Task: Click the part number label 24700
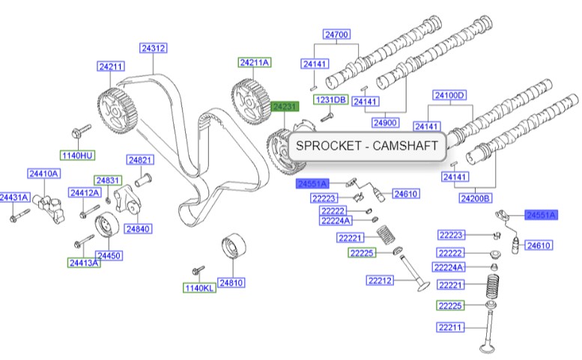pyautogui.click(x=336, y=34)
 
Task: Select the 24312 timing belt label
pyautogui.click(x=153, y=48)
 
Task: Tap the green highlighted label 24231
pyautogui.click(x=285, y=107)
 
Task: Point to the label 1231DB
pyautogui.click(x=330, y=100)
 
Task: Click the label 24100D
pyautogui.click(x=450, y=95)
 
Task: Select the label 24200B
pyautogui.click(x=476, y=198)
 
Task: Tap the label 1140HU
pyautogui.click(x=78, y=155)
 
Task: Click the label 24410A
pyautogui.click(x=43, y=174)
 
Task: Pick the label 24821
pyautogui.click(x=140, y=159)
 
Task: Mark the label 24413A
pyautogui.click(x=84, y=263)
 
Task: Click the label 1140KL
pyautogui.click(x=199, y=288)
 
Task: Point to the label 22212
pyautogui.click(x=380, y=281)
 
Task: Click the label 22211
pyautogui.click(x=451, y=327)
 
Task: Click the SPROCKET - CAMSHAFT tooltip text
pyautogui.click(x=366, y=146)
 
